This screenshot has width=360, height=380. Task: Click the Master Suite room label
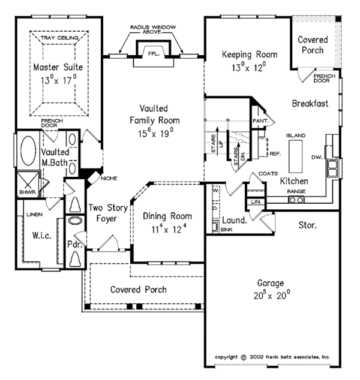pos(58,67)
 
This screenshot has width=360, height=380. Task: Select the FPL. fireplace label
pos(154,54)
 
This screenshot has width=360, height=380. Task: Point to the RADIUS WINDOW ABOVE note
pos(154,32)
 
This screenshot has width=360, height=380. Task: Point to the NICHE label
pos(109,178)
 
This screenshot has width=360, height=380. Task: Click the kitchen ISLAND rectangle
pos(298,159)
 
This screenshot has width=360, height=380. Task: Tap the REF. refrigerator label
pos(275,154)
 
